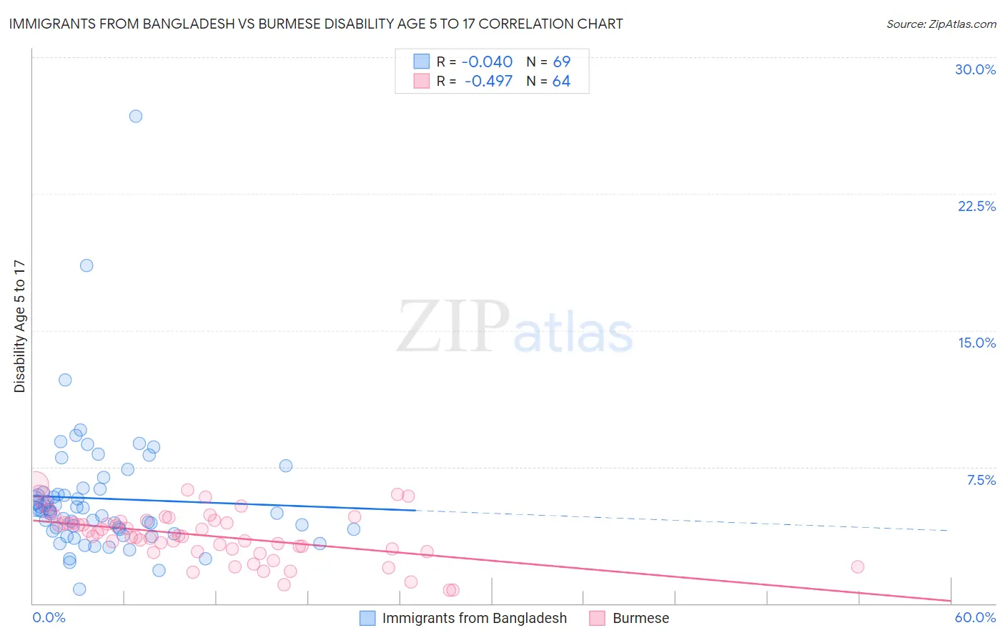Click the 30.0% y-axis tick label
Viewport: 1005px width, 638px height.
(975, 69)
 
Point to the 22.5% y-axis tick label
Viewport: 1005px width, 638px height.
(976, 206)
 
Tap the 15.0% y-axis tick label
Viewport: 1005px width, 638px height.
(976, 343)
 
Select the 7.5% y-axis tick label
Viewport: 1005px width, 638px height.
(981, 480)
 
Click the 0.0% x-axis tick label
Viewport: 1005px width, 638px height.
(49, 617)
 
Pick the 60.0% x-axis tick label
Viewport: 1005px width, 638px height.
(975, 617)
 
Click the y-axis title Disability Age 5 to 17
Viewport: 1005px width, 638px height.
(20, 326)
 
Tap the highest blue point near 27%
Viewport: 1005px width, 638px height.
(136, 116)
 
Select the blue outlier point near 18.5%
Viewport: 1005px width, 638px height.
(86, 265)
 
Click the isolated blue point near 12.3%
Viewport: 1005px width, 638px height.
(65, 380)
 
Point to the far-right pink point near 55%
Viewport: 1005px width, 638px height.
(858, 566)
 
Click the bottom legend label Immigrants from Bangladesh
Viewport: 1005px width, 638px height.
(474, 618)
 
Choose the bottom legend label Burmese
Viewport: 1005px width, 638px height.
(640, 618)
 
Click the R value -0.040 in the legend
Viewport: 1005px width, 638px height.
(487, 62)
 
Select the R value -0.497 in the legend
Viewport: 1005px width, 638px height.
(488, 82)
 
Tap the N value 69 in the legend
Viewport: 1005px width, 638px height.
(562, 62)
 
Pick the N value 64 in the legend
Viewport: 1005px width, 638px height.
(561, 82)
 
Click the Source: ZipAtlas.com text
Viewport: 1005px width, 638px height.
(941, 24)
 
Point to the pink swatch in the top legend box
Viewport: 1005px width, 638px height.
(422, 82)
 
